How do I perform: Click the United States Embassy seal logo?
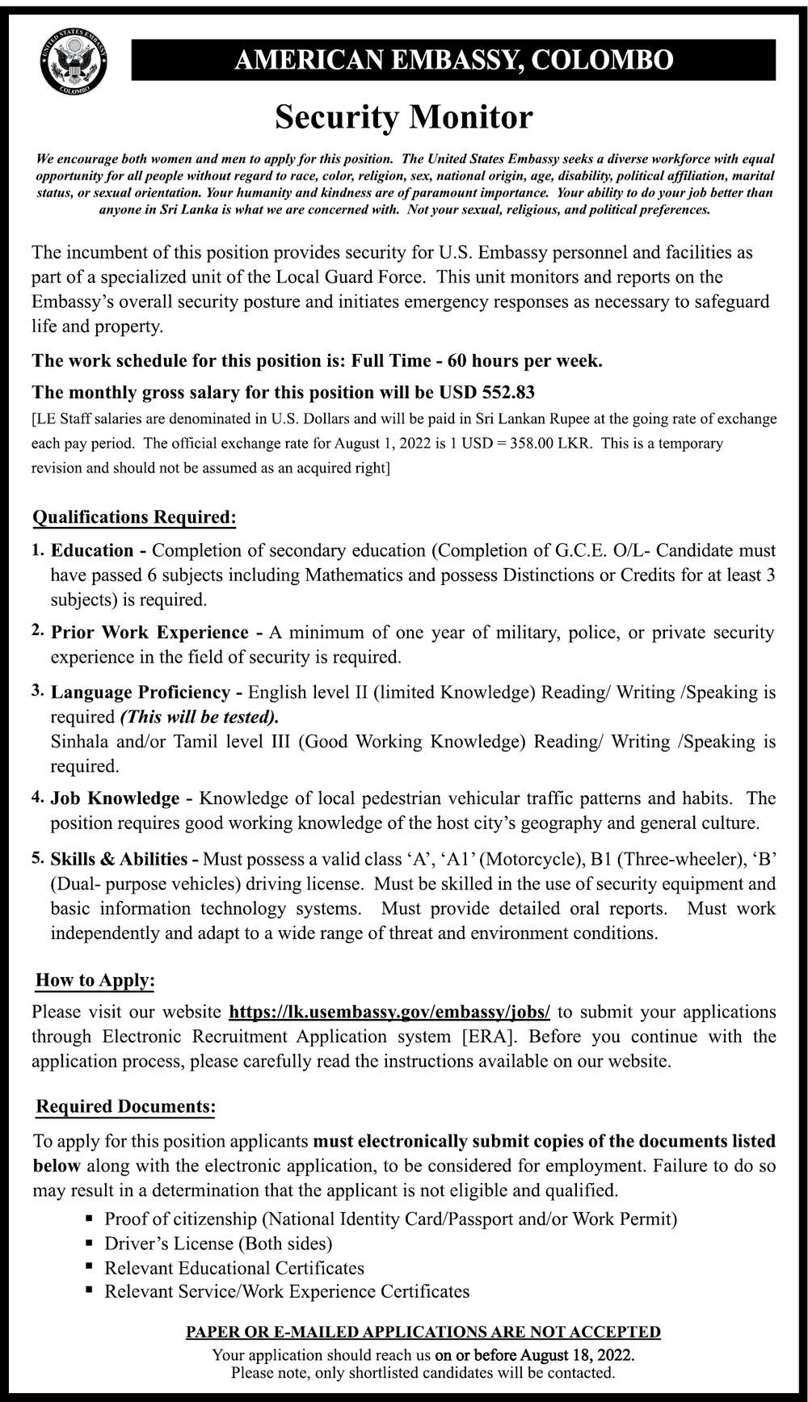(x=73, y=61)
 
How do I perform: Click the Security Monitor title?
(x=403, y=118)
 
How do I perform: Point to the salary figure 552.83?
(x=508, y=393)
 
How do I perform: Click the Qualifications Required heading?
(x=134, y=517)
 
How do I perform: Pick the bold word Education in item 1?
(x=92, y=551)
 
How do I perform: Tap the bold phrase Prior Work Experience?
(x=149, y=633)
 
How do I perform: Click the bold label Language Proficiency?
(x=141, y=693)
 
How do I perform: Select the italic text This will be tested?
(x=199, y=718)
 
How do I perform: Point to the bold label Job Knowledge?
(x=115, y=799)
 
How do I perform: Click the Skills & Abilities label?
(x=119, y=860)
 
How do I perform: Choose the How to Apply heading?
(x=95, y=981)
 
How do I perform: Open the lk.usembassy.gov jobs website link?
(x=389, y=1013)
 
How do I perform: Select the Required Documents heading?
(x=125, y=1107)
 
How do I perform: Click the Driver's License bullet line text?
(x=218, y=1244)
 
